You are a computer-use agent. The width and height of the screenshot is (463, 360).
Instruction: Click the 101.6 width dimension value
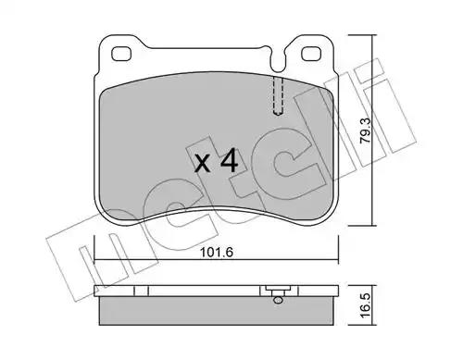tap(216, 253)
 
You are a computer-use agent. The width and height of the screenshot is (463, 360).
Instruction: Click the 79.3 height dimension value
tap(366, 131)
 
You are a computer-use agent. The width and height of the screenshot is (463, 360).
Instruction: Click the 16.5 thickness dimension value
tap(366, 305)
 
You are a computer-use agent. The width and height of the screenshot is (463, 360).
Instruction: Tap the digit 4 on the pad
tap(229, 160)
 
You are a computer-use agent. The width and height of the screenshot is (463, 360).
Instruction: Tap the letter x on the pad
tap(203, 164)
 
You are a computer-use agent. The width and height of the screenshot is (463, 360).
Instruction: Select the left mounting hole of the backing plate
tap(121, 54)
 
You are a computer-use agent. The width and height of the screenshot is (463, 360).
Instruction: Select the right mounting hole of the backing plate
tap(311, 54)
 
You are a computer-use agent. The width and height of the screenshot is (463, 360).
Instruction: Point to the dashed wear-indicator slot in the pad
tap(279, 95)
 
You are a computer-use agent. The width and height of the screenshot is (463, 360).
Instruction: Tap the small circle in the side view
tap(278, 300)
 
